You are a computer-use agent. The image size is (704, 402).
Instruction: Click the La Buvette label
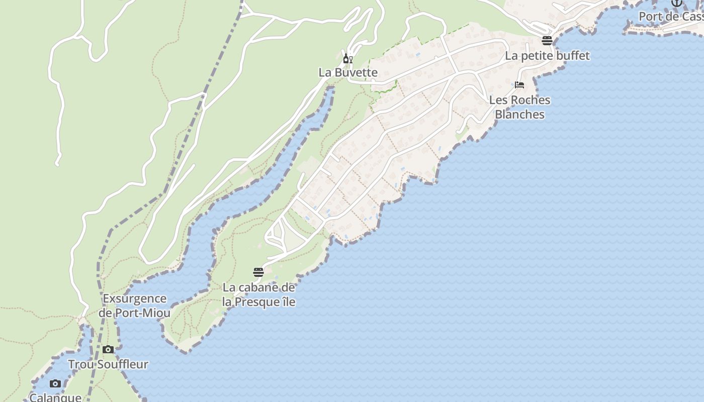coord(348,72)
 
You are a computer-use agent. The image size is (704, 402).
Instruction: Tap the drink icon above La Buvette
coord(347,59)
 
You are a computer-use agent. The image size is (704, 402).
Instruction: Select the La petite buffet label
coord(547,56)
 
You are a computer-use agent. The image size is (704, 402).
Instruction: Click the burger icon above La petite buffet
coord(547,41)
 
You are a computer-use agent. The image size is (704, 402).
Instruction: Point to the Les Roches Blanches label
coord(520,107)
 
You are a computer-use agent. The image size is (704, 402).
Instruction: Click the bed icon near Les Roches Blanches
coord(519,85)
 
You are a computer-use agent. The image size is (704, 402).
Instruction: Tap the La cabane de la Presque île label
coord(259,295)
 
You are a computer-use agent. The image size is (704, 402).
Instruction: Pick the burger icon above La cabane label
coord(258,272)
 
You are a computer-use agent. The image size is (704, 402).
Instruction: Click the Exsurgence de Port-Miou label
coord(134,306)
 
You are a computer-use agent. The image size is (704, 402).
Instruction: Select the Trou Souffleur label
coord(108,364)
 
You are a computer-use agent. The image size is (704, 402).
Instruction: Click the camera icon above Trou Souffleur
coord(108,350)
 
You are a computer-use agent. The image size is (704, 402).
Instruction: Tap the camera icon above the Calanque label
coord(55,384)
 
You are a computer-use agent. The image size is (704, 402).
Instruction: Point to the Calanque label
coord(55,397)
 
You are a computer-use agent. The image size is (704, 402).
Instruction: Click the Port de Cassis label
coord(671,17)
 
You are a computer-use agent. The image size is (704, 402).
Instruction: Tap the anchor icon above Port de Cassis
coord(677,3)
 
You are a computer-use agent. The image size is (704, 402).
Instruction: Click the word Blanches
coord(520,115)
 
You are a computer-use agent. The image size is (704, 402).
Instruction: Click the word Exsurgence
coord(134,299)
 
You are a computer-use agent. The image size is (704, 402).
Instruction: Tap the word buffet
coord(572,56)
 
